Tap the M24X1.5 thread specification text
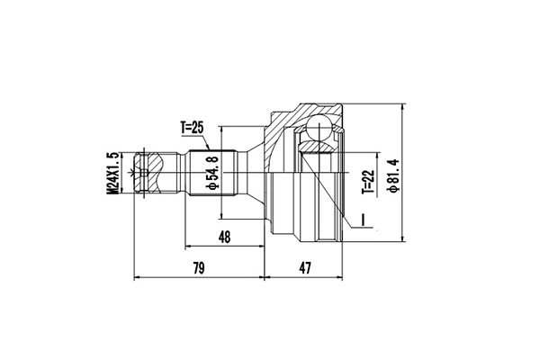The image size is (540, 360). click(x=112, y=171)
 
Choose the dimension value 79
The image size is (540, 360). click(x=200, y=268)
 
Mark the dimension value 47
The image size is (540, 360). click(x=305, y=268)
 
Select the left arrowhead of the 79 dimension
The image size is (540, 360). click(x=138, y=278)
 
